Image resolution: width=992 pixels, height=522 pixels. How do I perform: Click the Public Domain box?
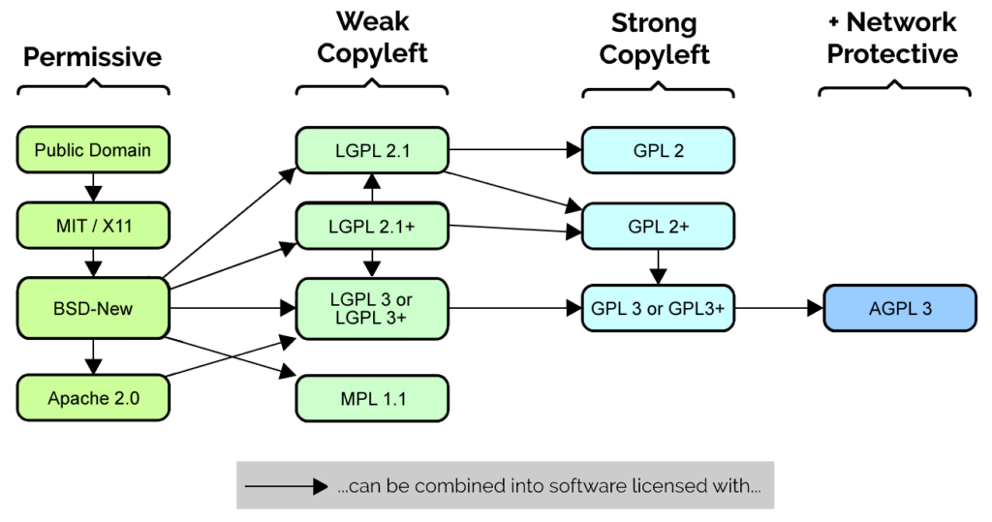pyautogui.click(x=93, y=150)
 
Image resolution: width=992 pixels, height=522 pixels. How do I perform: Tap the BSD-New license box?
pyautogui.click(x=93, y=309)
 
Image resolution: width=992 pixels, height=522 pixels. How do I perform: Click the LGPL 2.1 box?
pyautogui.click(x=372, y=150)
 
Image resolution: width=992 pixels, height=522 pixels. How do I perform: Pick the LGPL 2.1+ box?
pyautogui.click(x=372, y=227)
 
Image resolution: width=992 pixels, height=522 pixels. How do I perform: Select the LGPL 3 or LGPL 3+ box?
pyautogui.click(x=372, y=309)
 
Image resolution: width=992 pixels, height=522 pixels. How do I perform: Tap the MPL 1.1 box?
pyautogui.click(x=372, y=398)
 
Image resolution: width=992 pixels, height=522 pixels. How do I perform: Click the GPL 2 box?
pyautogui.click(x=658, y=150)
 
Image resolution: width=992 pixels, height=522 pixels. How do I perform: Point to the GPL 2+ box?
pyautogui.click(x=658, y=227)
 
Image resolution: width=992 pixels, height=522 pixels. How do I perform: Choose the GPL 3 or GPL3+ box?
pyautogui.click(x=658, y=309)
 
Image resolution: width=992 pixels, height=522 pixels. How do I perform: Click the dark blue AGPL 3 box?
pyautogui.click(x=900, y=309)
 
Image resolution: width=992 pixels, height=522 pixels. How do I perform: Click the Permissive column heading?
pyautogui.click(x=93, y=57)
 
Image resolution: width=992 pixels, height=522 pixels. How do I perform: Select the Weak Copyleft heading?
pyautogui.click(x=372, y=37)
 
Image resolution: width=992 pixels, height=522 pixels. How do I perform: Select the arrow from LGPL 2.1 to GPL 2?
pyautogui.click(x=513, y=150)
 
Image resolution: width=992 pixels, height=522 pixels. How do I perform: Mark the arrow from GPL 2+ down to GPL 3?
pyautogui.click(x=658, y=266)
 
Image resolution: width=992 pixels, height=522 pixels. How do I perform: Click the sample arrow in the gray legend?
pyautogui.click(x=286, y=486)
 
